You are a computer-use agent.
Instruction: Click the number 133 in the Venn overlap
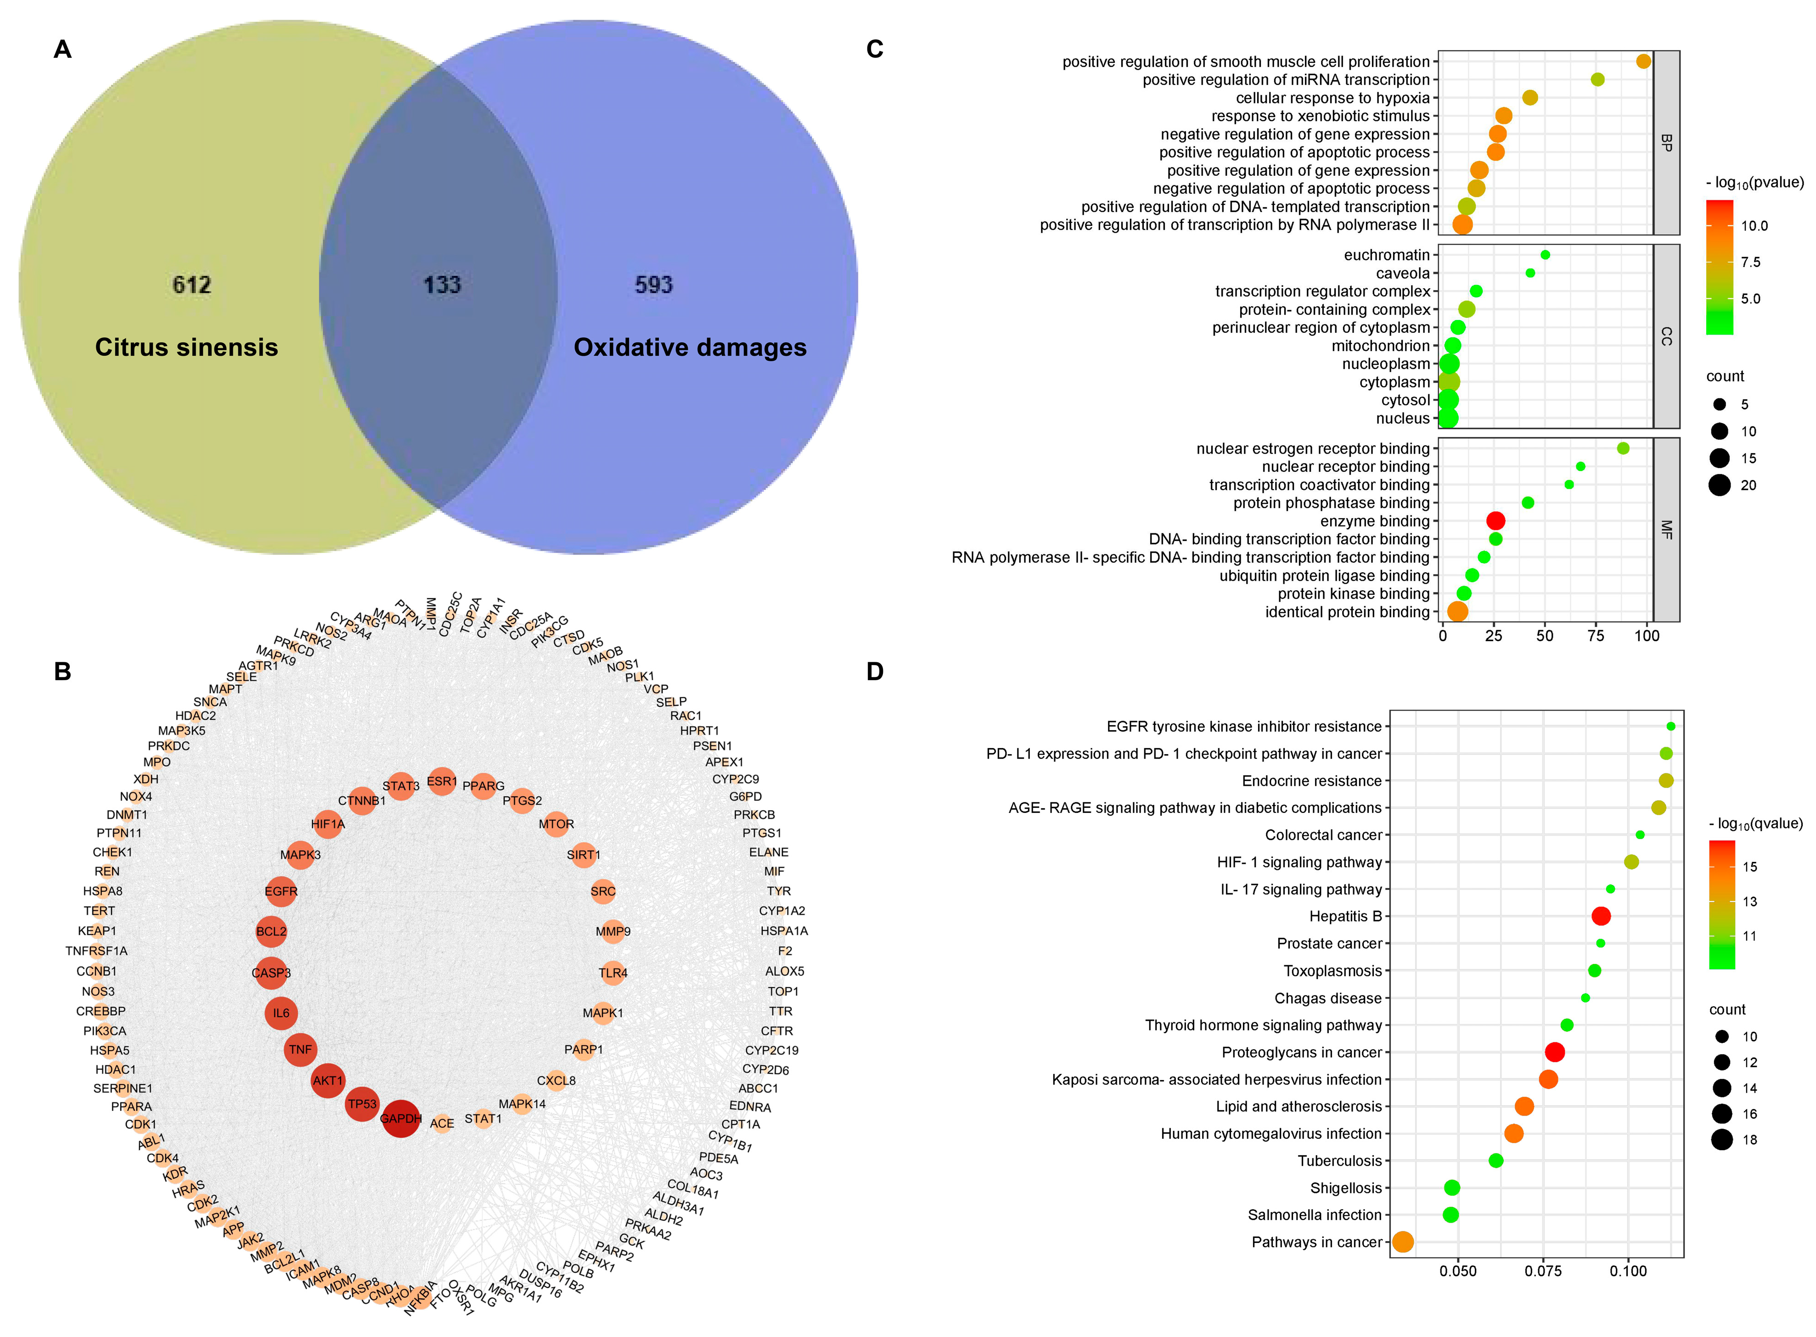(x=442, y=285)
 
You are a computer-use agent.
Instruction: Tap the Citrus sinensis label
(x=186, y=347)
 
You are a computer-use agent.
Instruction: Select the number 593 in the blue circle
(x=653, y=285)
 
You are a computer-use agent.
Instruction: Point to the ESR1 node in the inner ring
(x=441, y=782)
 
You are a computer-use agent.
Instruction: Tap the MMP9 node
(x=613, y=932)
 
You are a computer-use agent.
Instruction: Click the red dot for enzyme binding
(x=1496, y=520)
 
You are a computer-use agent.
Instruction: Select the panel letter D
(x=874, y=672)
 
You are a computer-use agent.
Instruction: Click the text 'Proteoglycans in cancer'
(x=1301, y=1052)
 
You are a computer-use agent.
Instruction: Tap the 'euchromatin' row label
(x=1386, y=255)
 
